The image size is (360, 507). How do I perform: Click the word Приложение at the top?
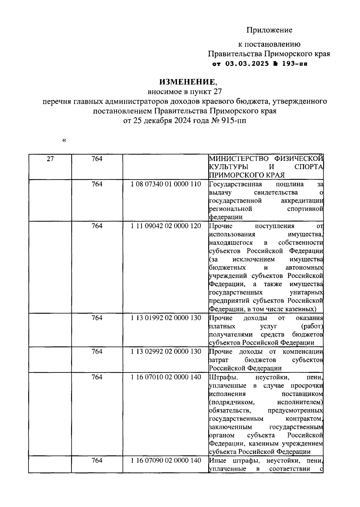[x=269, y=30]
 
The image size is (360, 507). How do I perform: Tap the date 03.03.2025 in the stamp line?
[x=246, y=64]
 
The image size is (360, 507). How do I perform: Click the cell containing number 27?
[x=50, y=159]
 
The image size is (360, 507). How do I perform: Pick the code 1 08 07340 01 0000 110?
[x=166, y=184]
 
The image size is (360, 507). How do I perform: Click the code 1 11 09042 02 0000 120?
[x=166, y=226]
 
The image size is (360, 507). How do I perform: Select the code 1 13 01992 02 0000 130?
[x=166, y=318]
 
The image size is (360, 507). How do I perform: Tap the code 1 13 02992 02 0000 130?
[x=166, y=351]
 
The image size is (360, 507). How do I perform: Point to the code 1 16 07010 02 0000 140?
[x=166, y=377]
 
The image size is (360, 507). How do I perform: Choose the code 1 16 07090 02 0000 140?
[x=166, y=460]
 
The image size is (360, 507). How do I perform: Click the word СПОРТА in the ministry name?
[x=308, y=167]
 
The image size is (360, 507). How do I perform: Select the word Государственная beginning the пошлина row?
[x=235, y=184]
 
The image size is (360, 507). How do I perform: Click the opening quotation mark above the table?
[x=64, y=140]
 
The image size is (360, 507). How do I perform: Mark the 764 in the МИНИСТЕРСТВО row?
[x=97, y=159]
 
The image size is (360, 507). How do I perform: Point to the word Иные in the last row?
[x=216, y=460]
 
